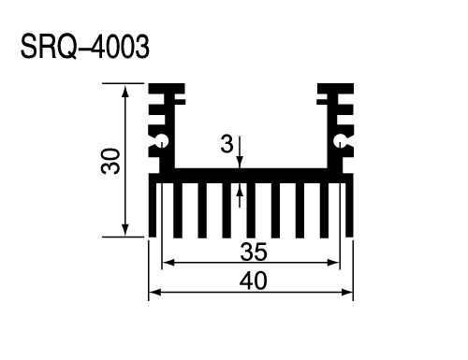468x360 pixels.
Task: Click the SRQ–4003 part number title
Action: (85, 47)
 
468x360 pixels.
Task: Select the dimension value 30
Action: (110, 161)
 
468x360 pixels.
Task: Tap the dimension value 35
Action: (254, 252)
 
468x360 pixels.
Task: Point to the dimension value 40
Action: (253, 281)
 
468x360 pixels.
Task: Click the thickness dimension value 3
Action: (227, 144)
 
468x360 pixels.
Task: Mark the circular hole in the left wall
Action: (162, 141)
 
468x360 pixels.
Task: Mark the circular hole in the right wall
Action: (340, 141)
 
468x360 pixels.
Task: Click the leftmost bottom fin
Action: (153, 209)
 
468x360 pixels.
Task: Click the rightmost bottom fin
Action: (349, 209)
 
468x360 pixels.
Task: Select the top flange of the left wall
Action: (167, 89)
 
